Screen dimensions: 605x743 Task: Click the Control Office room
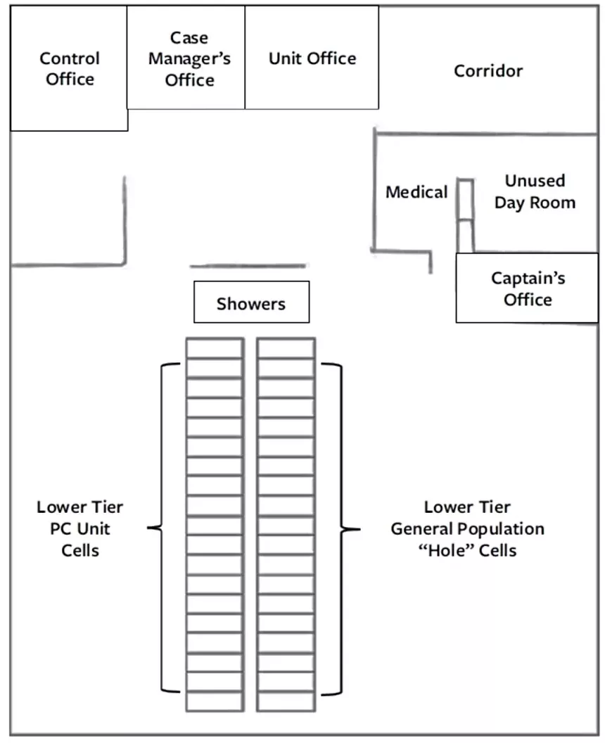click(x=69, y=68)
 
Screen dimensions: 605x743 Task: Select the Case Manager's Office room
click(x=186, y=57)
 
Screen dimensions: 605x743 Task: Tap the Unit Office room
click(x=312, y=57)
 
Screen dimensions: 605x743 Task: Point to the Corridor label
click(x=488, y=71)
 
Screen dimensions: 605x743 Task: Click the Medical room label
click(x=416, y=192)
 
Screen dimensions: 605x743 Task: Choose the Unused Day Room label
click(x=535, y=191)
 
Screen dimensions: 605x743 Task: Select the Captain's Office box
click(x=527, y=288)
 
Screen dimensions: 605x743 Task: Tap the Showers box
click(x=252, y=303)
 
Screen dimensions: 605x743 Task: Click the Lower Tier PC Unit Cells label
click(x=80, y=528)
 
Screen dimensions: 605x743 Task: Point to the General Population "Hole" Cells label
click(x=467, y=528)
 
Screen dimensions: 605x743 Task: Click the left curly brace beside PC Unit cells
click(x=162, y=528)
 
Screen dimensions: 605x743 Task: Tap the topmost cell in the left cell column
click(x=215, y=348)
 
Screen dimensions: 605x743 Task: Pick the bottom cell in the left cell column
click(x=215, y=701)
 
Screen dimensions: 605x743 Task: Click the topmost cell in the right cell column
click(x=286, y=348)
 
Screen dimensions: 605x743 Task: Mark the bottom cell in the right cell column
click(x=286, y=701)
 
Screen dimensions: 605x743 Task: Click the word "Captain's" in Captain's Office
click(x=528, y=278)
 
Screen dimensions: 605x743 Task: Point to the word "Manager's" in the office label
click(x=189, y=59)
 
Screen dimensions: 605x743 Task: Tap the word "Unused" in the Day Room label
click(x=535, y=181)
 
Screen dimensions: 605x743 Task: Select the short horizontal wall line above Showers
click(x=248, y=266)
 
